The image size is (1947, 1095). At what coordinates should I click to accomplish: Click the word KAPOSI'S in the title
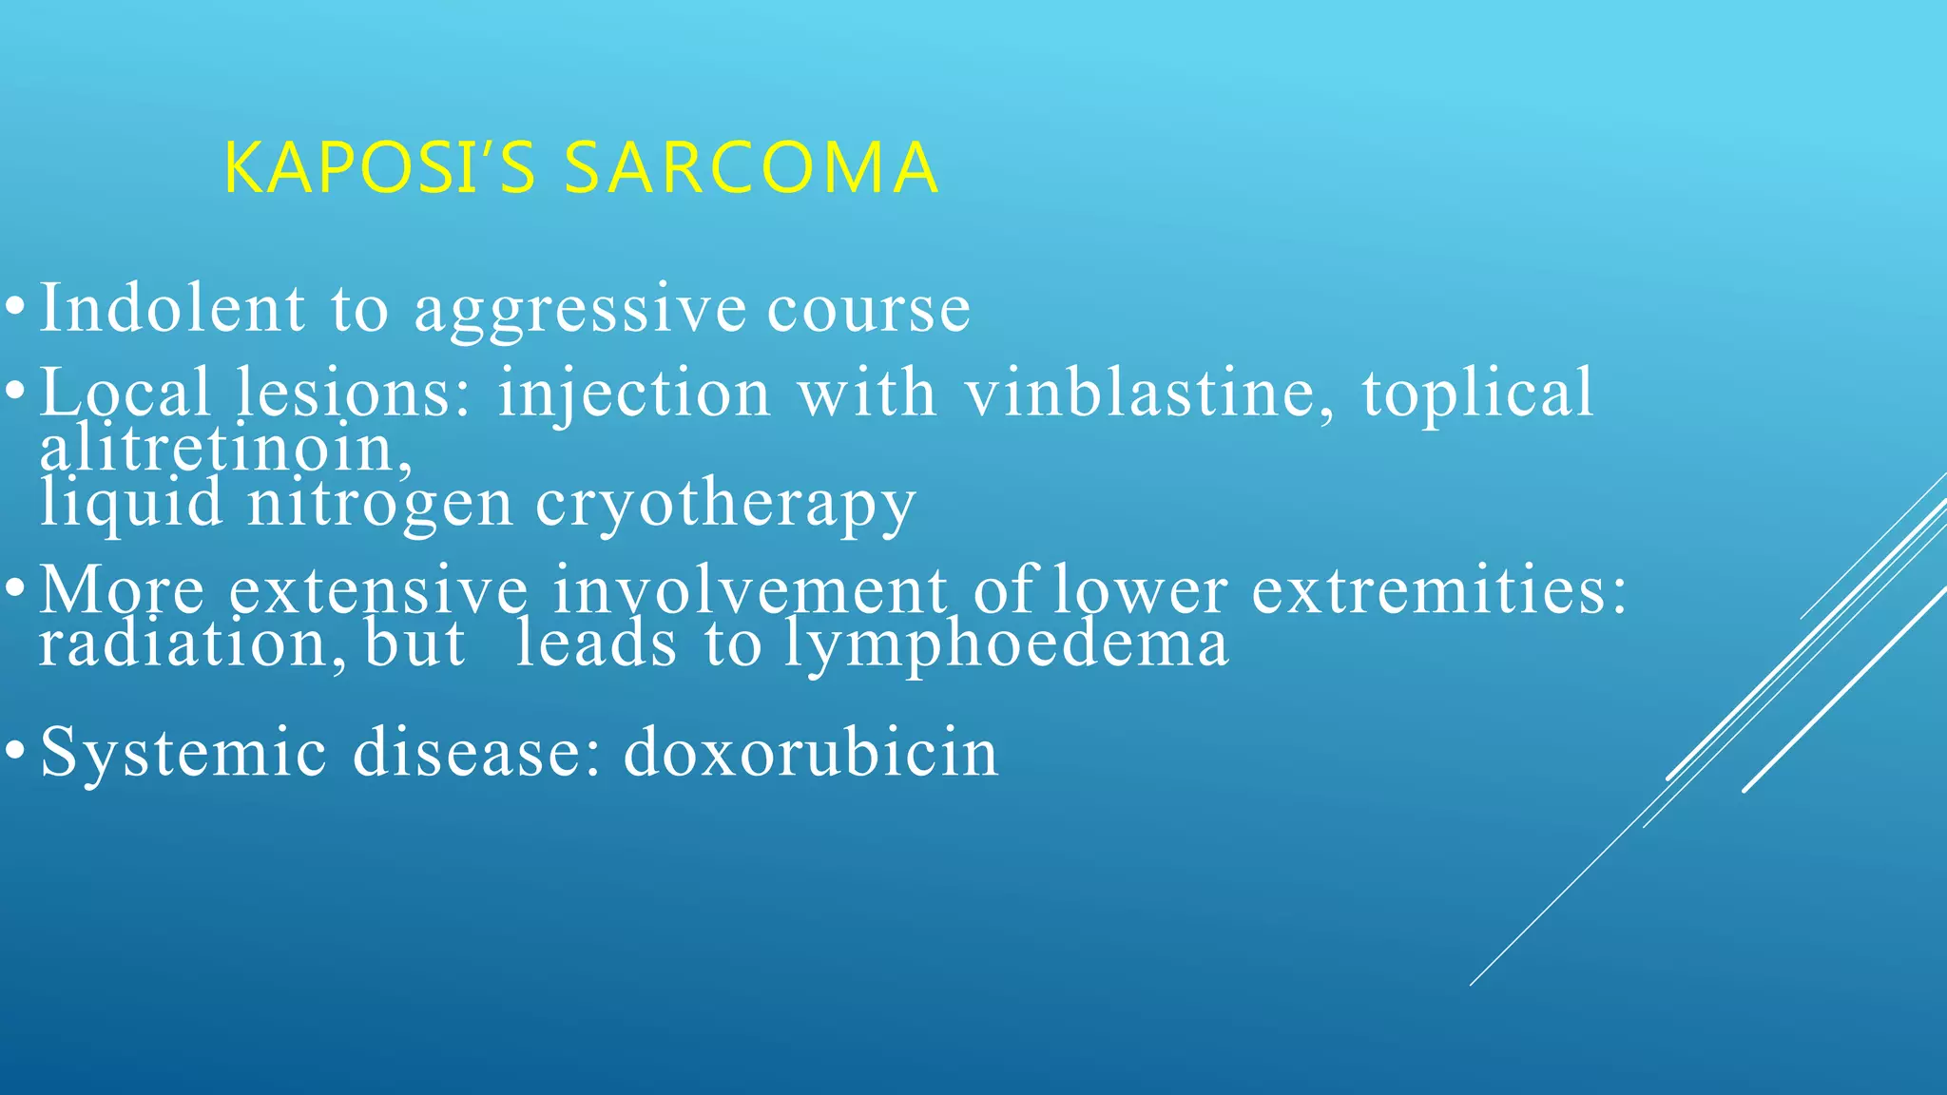(380, 168)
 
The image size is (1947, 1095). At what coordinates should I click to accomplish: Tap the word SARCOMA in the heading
(751, 168)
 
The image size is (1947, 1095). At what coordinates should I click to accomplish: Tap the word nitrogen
(380, 505)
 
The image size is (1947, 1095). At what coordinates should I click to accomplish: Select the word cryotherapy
(725, 505)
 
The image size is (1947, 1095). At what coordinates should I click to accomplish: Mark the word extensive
(378, 590)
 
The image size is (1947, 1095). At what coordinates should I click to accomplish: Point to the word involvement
(750, 590)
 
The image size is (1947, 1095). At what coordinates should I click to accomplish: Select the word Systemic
(183, 752)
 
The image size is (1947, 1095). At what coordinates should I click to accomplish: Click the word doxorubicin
(811, 752)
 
